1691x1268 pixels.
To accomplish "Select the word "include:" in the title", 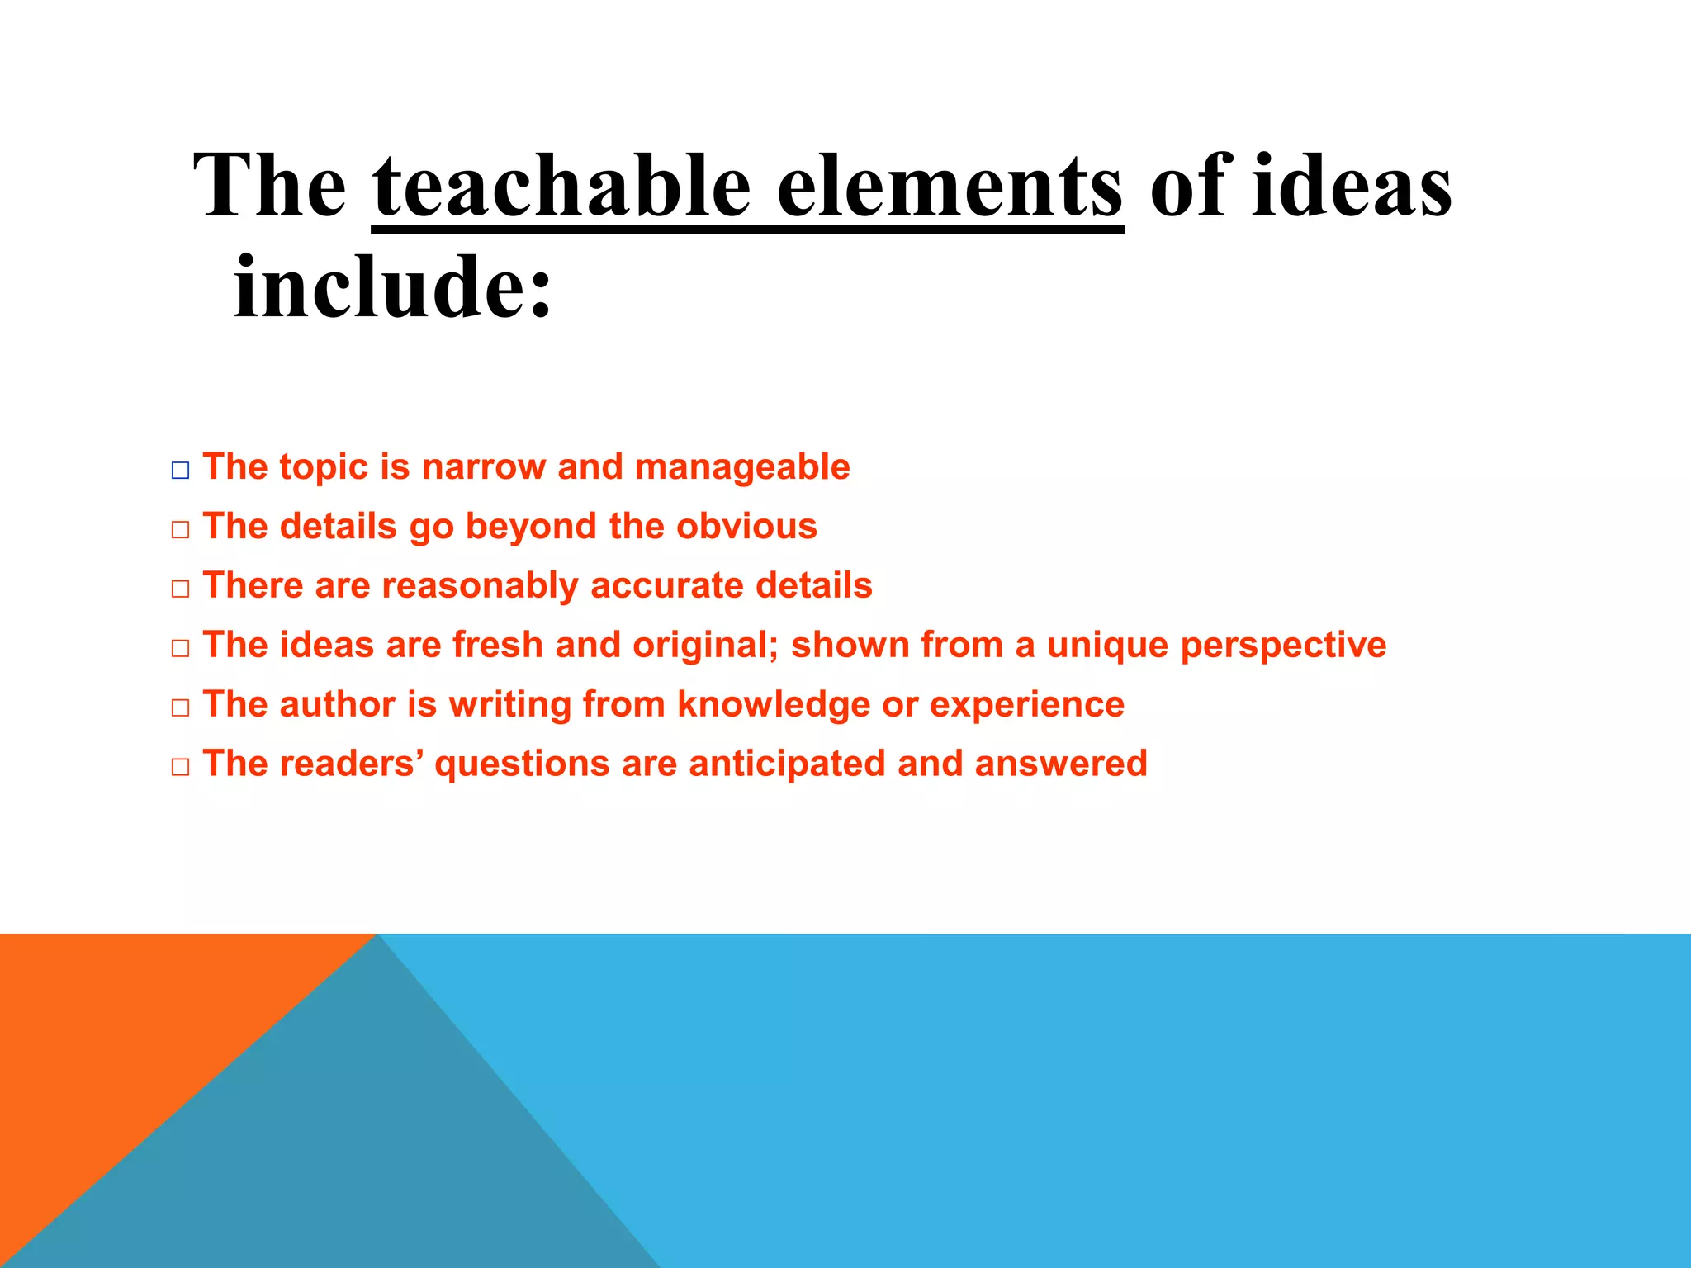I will coord(393,287).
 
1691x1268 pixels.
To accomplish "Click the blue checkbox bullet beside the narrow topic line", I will coord(180,471).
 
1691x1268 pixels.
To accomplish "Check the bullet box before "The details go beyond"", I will coord(180,530).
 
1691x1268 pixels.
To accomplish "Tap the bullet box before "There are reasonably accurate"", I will coord(180,589).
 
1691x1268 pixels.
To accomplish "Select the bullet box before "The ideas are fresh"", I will coord(180,649).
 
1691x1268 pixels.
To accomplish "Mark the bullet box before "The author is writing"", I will coord(180,708).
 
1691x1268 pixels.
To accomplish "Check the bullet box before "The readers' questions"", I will coord(180,768).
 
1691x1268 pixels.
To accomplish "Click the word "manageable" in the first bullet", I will coord(742,467).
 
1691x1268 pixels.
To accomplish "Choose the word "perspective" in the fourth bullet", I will coord(1283,646).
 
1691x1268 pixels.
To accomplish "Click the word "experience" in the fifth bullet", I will coord(1027,705).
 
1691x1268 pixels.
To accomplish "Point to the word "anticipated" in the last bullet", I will coord(786,764).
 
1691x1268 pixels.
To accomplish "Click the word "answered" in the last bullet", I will coord(1061,764).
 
